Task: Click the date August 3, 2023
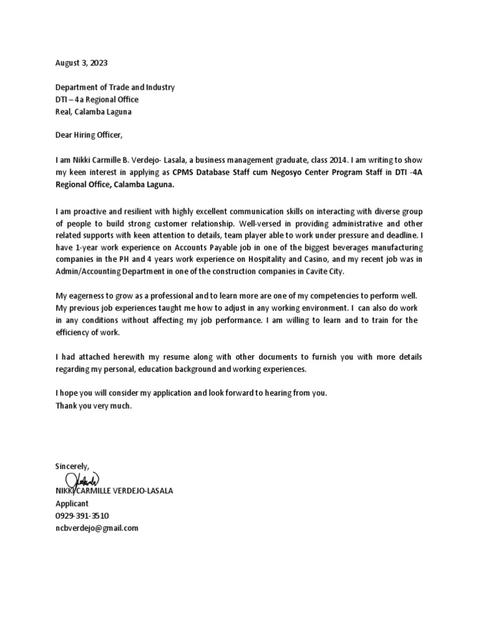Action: pyautogui.click(x=77, y=63)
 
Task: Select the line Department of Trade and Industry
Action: pyautogui.click(x=115, y=88)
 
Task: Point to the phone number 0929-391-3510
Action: pyautogui.click(x=82, y=516)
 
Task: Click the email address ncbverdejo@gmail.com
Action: pyautogui.click(x=96, y=528)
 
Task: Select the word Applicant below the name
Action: pyautogui.click(x=72, y=503)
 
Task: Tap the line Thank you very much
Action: pyautogui.click(x=94, y=406)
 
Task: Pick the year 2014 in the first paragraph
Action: pyautogui.click(x=332, y=159)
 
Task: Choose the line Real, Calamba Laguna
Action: pyautogui.click(x=93, y=111)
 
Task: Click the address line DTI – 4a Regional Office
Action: pyautogui.click(x=97, y=100)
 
